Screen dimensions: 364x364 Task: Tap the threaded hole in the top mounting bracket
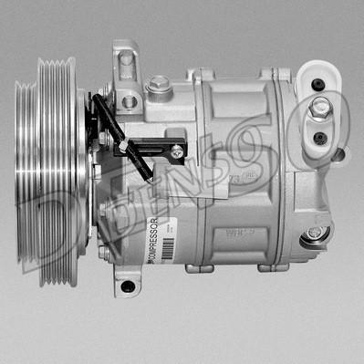pos(129,100)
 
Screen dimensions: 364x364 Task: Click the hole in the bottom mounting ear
pos(127,286)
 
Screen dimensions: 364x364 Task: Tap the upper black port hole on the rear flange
pos(318,86)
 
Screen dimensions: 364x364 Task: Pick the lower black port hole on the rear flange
pos(318,139)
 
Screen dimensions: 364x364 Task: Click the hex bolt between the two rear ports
pos(319,110)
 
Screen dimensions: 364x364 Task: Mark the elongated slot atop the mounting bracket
pos(124,58)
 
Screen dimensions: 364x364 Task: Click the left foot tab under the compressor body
pos(196,266)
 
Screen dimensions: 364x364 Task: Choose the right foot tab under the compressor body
pos(270,267)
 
